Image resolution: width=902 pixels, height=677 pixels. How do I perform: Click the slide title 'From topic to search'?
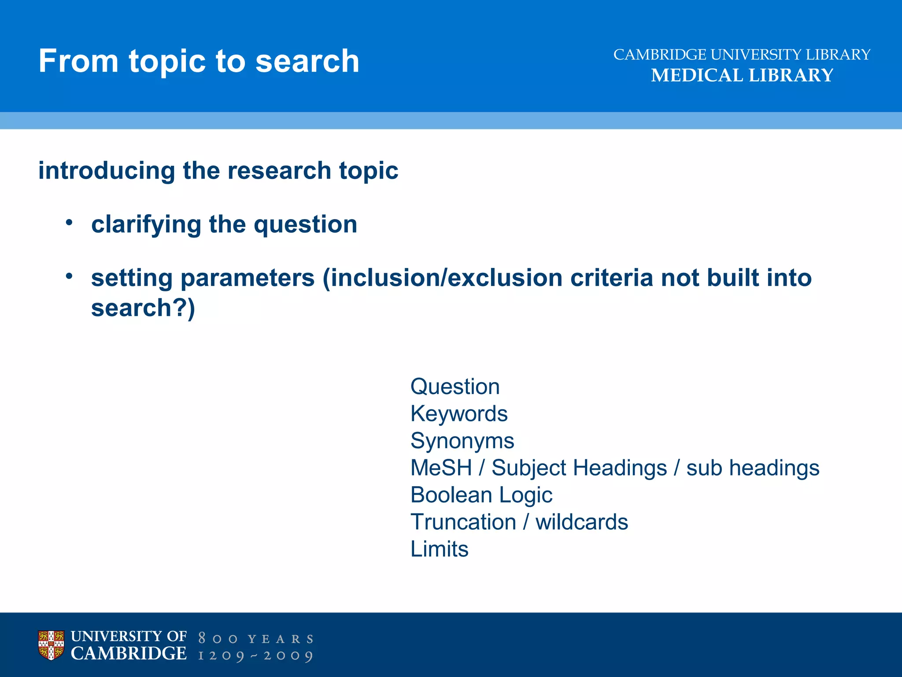pyautogui.click(x=199, y=61)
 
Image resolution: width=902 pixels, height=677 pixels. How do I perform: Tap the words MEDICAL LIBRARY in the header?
pyautogui.click(x=742, y=75)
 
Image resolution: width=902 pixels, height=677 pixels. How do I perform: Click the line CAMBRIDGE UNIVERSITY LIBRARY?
pyautogui.click(x=742, y=55)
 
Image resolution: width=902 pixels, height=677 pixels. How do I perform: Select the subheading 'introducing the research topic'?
pyautogui.click(x=218, y=171)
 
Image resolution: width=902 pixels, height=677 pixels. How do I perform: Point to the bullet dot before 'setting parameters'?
pyautogui.click(x=69, y=276)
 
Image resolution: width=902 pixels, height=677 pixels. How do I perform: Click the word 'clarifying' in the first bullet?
pyautogui.click(x=145, y=224)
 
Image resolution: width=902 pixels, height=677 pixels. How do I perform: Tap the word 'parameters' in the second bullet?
pyautogui.click(x=247, y=278)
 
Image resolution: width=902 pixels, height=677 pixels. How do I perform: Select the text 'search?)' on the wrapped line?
pyautogui.click(x=143, y=308)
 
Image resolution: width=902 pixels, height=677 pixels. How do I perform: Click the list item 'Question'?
pyautogui.click(x=455, y=387)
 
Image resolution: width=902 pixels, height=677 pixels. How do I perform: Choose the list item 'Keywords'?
pyautogui.click(x=459, y=414)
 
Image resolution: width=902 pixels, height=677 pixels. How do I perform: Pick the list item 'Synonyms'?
pyautogui.click(x=462, y=441)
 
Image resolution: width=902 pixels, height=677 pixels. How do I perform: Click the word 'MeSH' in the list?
pyautogui.click(x=441, y=468)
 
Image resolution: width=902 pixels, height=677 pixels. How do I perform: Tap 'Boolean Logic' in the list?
pyautogui.click(x=481, y=495)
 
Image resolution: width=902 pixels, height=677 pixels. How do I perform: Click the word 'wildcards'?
pyautogui.click(x=581, y=522)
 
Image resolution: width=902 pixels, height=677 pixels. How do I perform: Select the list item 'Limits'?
pyautogui.click(x=439, y=549)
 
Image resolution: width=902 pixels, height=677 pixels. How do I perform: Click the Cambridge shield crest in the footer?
pyautogui.click(x=51, y=645)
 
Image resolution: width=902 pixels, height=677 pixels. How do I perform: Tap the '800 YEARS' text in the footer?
pyautogui.click(x=256, y=639)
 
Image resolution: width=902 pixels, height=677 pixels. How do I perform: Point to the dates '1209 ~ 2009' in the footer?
pyautogui.click(x=256, y=656)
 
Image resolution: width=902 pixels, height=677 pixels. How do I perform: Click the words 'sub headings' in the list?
pyautogui.click(x=753, y=468)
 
